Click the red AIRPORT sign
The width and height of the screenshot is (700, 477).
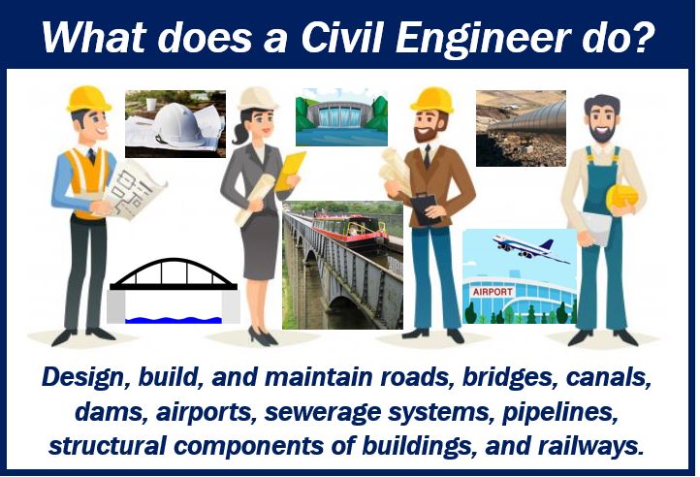(x=493, y=292)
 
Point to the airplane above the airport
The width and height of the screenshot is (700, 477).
(x=531, y=248)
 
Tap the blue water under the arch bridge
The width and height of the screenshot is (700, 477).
(x=174, y=320)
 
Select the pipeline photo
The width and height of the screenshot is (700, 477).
(x=521, y=128)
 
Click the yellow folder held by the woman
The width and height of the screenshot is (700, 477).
(x=289, y=171)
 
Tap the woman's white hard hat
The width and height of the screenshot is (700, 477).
(x=257, y=99)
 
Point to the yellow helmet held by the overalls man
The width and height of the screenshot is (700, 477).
(x=621, y=198)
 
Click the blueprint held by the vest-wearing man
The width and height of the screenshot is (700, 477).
(x=133, y=190)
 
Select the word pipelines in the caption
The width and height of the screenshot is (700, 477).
(x=559, y=412)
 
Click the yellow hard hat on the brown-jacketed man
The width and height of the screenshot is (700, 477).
(x=431, y=100)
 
